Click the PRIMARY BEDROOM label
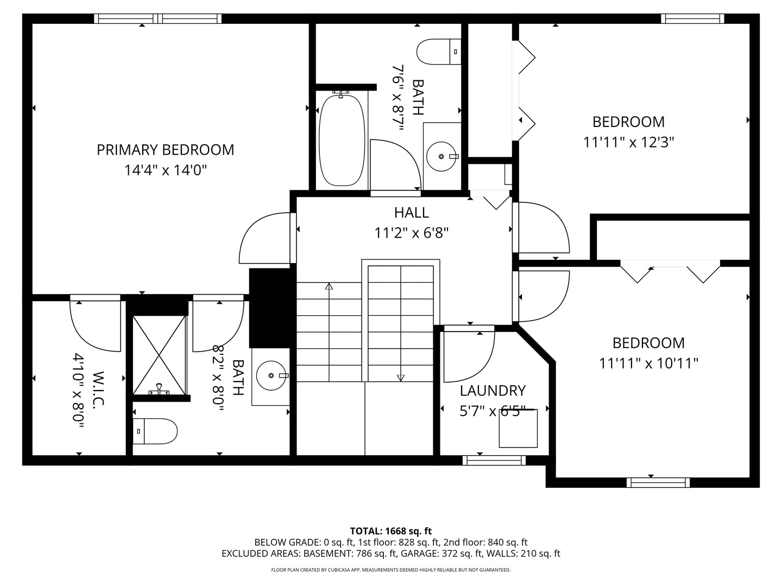[165, 150]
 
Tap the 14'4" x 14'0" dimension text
[165, 170]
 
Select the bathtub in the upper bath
[342, 140]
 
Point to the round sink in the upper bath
[442, 156]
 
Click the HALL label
[411, 212]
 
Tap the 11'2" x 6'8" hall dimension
[411, 233]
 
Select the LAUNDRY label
[493, 391]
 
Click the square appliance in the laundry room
[518, 429]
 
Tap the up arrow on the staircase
[329, 286]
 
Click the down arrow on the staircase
[401, 378]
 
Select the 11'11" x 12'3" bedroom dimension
[628, 142]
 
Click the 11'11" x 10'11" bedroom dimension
[648, 363]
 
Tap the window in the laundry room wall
[494, 460]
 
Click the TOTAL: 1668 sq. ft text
[391, 531]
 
